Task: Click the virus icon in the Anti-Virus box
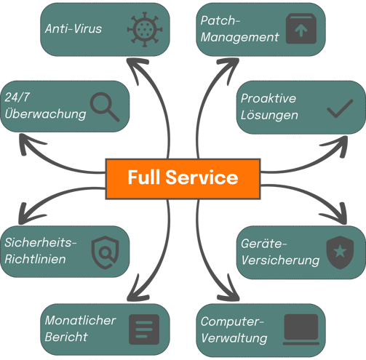click(145, 29)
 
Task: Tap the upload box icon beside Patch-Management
click(301, 28)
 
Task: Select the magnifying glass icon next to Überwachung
click(105, 107)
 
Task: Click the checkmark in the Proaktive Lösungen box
click(340, 108)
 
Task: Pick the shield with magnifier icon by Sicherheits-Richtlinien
click(105, 252)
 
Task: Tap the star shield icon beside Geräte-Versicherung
click(340, 252)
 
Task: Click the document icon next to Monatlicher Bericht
click(144, 329)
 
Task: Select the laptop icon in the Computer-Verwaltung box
click(301, 329)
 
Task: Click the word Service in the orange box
click(202, 177)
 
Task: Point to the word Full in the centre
click(144, 177)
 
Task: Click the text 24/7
click(17, 97)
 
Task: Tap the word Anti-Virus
click(73, 28)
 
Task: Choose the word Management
click(240, 38)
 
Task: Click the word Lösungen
click(269, 115)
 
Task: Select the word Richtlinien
click(35, 259)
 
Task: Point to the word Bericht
click(66, 337)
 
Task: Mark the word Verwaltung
click(234, 338)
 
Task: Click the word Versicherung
click(280, 260)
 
